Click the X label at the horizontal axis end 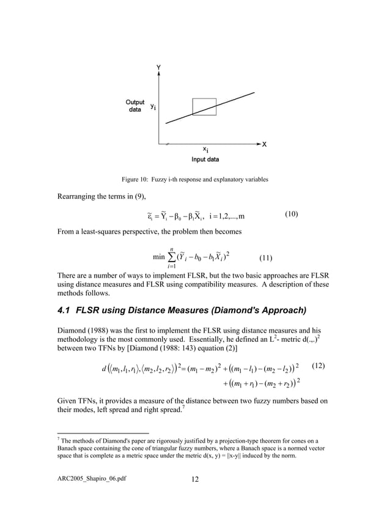[264, 144]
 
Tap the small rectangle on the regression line [204, 106]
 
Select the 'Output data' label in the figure [135, 106]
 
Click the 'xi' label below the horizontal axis [206, 149]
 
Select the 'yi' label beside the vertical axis [153, 107]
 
